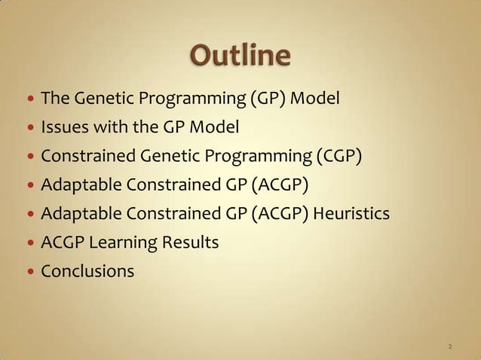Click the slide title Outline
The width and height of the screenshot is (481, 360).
tap(240, 57)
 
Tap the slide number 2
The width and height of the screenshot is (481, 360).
tap(450, 347)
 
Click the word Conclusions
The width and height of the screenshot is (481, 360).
tap(88, 270)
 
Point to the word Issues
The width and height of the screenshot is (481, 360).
tap(60, 127)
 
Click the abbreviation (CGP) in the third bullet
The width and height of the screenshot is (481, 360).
tap(339, 156)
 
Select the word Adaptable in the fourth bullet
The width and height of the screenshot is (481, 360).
tap(76, 185)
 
